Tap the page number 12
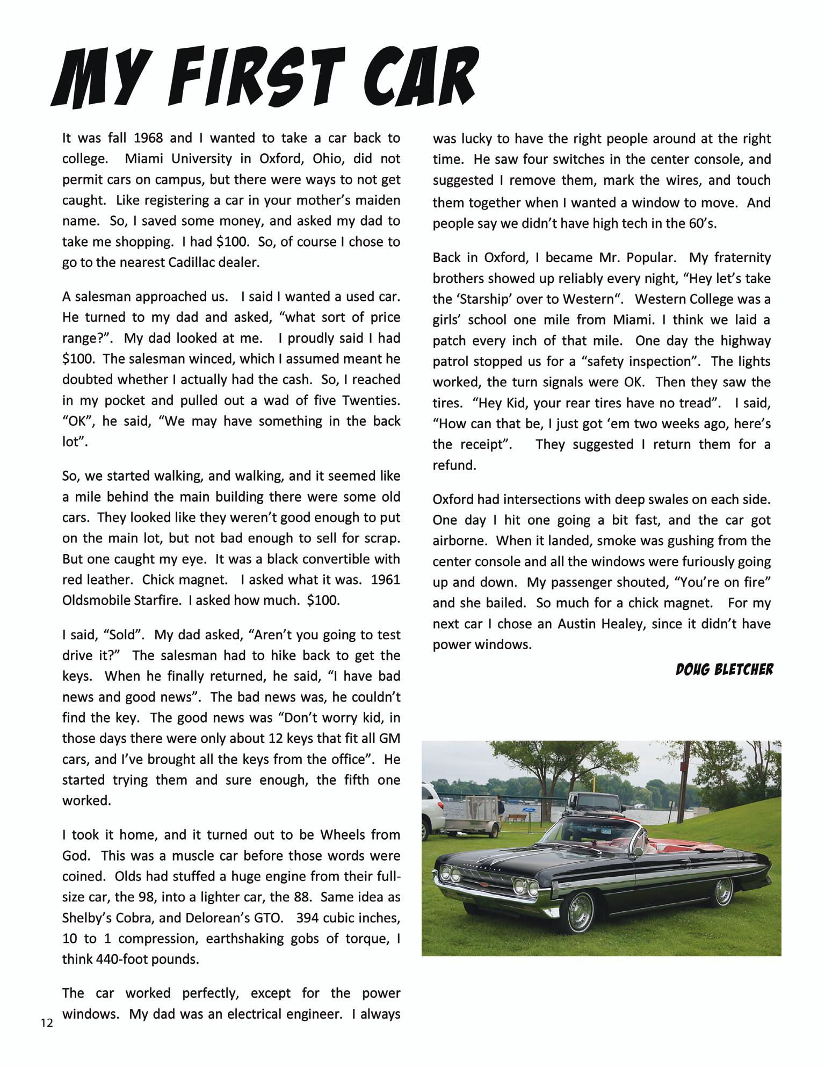[x=47, y=1023]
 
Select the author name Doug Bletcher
[x=725, y=669]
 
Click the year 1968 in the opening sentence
[x=148, y=138]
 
